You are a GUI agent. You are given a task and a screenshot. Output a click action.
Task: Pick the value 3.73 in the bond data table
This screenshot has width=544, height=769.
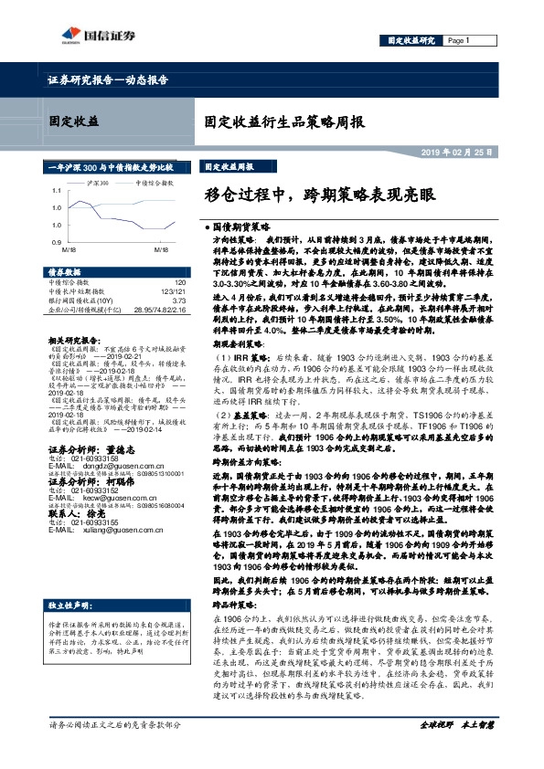tap(179, 300)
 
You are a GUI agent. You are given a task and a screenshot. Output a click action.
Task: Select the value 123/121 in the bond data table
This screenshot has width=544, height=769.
tap(173, 291)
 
